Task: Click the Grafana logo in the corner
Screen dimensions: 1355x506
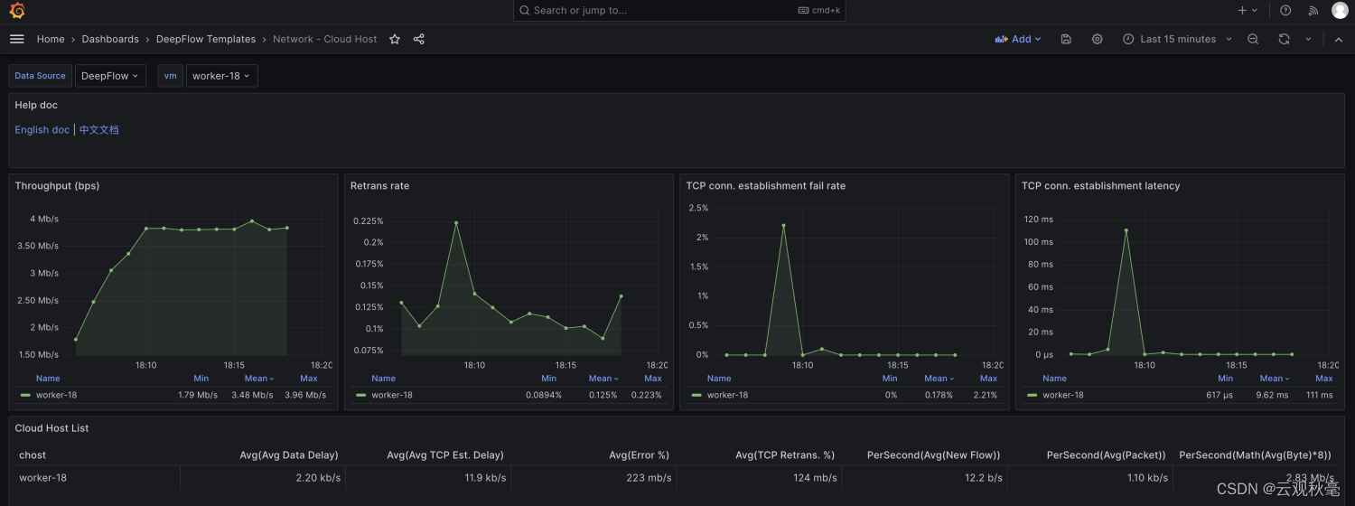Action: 17,10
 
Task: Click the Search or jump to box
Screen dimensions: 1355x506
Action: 678,10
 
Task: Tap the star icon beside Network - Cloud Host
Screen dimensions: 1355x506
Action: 395,40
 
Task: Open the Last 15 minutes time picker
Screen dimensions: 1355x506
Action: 1177,40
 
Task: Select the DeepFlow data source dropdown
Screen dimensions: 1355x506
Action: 110,76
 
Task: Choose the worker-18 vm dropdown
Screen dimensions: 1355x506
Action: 221,76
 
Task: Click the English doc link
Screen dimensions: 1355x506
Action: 42,129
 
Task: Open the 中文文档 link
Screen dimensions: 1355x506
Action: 98,129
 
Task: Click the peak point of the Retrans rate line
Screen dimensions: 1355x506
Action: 456,223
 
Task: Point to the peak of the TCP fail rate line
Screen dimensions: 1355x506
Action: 783,225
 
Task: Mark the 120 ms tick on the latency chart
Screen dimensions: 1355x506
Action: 1038,219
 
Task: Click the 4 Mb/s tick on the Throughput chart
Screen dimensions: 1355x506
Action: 44,219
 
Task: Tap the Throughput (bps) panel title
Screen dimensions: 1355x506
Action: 57,186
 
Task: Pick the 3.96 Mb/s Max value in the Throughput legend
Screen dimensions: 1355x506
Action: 305,395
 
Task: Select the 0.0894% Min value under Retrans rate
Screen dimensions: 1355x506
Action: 543,395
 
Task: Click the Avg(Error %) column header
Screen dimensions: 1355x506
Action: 639,455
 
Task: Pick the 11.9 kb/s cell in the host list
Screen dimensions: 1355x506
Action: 485,478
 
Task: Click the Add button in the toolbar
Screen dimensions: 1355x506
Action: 1018,40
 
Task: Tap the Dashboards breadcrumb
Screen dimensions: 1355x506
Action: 110,40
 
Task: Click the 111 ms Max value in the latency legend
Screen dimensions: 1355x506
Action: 1319,395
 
